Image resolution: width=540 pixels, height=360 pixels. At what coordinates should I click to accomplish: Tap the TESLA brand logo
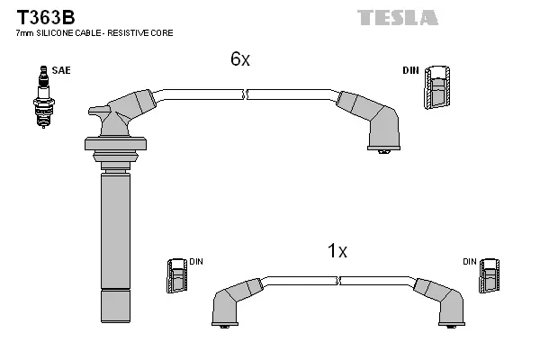[397, 17]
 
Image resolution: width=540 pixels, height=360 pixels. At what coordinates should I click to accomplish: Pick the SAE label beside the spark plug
[62, 68]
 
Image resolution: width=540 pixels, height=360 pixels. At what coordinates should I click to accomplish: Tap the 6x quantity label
[239, 59]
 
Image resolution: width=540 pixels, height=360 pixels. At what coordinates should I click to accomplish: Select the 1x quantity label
[337, 251]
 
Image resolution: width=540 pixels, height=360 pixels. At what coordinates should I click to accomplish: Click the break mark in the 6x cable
[245, 93]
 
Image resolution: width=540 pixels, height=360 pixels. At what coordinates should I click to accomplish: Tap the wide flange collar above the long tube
[114, 143]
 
